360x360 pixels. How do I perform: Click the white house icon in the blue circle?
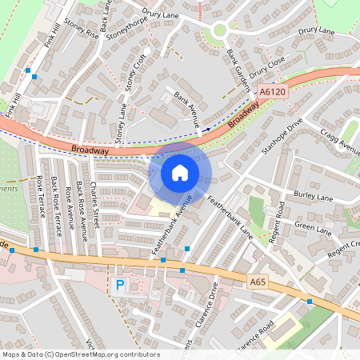pyautogui.click(x=179, y=172)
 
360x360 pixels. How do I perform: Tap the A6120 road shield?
pyautogui.click(x=272, y=93)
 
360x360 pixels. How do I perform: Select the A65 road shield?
pyautogui.click(x=257, y=282)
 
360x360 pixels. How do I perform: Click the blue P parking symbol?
pyautogui.click(x=120, y=285)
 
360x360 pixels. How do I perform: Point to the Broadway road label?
pyautogui.click(x=89, y=150)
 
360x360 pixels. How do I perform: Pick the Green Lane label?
pyautogui.click(x=313, y=228)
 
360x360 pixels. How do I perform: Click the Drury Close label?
pyautogui.click(x=266, y=67)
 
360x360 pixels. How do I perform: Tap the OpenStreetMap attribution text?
pyautogui.click(x=80, y=354)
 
